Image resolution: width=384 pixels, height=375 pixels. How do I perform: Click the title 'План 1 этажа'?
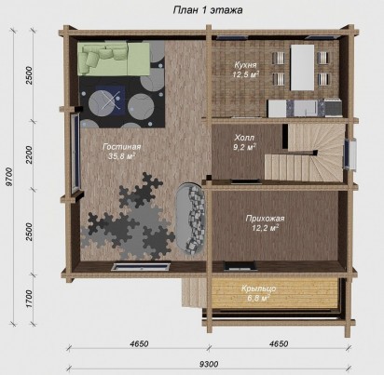[x=208, y=10]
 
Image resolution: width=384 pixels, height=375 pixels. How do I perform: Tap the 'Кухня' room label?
[x=245, y=65]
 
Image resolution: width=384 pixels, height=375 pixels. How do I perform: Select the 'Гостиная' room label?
[x=122, y=147]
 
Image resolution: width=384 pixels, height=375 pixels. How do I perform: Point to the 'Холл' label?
[x=244, y=137]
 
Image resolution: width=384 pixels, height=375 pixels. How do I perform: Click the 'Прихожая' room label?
[x=265, y=219]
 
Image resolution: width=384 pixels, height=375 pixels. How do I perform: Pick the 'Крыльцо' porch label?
[x=259, y=288]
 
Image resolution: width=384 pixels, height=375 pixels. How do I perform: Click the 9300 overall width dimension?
[x=209, y=364]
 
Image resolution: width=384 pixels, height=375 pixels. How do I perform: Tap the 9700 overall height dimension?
[x=9, y=177]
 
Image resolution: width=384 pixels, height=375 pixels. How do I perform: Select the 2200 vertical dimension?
[x=29, y=155]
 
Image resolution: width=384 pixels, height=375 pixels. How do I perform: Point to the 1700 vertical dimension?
[x=29, y=299]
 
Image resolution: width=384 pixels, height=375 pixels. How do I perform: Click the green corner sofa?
[x=114, y=59]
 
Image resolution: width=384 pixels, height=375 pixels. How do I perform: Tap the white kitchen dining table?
[x=302, y=68]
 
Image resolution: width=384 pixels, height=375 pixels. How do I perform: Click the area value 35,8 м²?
[x=121, y=156]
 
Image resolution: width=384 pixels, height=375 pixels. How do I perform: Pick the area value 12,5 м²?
[x=246, y=74]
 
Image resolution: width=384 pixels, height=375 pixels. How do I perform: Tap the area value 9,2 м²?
[x=244, y=147]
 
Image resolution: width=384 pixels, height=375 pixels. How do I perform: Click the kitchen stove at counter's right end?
[x=333, y=108]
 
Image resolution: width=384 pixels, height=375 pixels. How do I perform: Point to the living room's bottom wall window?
[x=142, y=267]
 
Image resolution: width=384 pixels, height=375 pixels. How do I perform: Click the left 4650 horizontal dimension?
[x=139, y=343]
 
